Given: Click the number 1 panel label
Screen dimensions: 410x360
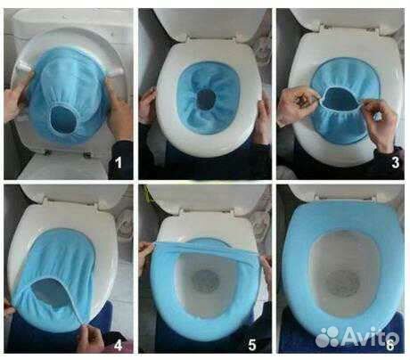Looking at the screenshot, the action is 119,163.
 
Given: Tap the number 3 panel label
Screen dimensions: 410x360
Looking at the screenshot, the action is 395,163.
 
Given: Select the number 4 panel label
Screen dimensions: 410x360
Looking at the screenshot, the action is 119,346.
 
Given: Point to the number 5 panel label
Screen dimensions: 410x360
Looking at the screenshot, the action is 252,346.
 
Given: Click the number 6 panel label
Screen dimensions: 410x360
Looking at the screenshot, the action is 390,346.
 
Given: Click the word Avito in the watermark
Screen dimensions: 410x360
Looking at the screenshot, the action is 369,337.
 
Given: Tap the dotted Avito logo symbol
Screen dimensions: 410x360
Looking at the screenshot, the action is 327,337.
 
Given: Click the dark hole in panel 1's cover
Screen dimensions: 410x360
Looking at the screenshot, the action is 64,119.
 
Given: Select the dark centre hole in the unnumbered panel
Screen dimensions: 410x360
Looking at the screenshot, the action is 206,99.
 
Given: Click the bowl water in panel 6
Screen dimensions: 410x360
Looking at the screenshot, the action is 344,282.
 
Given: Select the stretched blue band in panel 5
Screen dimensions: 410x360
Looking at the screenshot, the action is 206,249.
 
